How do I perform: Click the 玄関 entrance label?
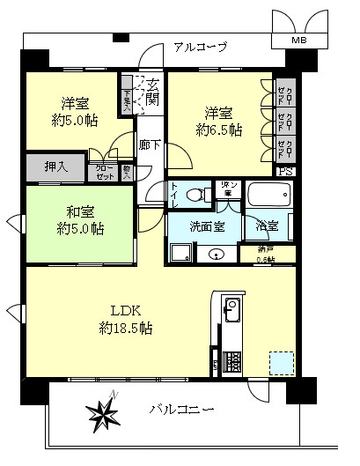click(x=153, y=92)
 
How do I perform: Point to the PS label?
click(x=285, y=171)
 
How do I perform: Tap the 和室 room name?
click(x=80, y=211)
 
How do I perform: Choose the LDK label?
click(x=126, y=310)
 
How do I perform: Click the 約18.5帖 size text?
click(x=126, y=328)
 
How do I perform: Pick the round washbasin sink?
click(x=217, y=255)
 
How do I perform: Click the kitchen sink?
click(x=231, y=309)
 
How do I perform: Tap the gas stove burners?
click(x=232, y=360)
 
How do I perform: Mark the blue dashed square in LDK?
click(x=280, y=363)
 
